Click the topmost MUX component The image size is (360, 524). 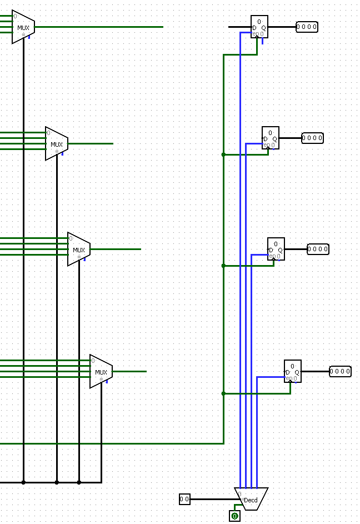23,27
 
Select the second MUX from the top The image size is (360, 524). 57,144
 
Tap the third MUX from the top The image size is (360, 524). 79,249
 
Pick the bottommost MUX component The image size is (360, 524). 101,371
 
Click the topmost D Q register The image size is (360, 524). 259,27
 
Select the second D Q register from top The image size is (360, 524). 271,138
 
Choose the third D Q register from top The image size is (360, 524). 276,249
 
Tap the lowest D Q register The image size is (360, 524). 293,371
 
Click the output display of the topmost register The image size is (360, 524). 307,27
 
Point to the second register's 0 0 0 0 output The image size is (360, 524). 312,138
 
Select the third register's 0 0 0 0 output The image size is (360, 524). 318,249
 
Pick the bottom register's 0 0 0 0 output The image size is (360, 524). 340,371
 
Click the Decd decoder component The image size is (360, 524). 251,499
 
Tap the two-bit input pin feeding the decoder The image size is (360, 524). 184,499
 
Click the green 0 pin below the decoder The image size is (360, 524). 234,516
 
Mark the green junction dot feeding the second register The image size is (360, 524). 223,154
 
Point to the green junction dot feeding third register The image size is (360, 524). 223,266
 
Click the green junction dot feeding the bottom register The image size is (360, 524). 223,393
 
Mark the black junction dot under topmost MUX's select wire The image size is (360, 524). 23,482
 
